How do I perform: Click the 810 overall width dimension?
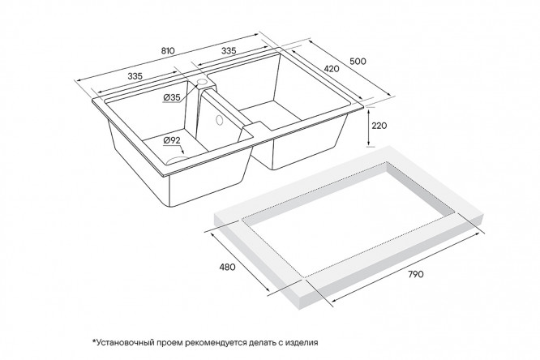[168, 50]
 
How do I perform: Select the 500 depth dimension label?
[358, 62]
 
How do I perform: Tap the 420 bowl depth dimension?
[332, 69]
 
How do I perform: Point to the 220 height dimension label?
[379, 126]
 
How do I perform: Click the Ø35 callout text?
[172, 98]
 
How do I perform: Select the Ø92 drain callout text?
[172, 140]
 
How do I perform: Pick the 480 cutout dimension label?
[227, 267]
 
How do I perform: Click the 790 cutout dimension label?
[416, 275]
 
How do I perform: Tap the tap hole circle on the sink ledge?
[202, 82]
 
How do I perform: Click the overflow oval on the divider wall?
[219, 119]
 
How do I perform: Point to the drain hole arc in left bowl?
[177, 159]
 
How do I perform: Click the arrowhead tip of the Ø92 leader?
[183, 154]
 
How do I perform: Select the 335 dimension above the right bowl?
[229, 51]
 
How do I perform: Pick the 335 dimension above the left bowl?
[135, 76]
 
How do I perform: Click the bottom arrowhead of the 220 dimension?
[369, 145]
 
